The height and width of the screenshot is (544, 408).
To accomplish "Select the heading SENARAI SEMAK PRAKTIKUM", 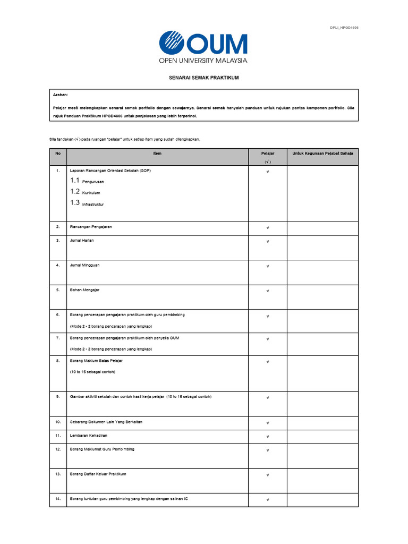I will [x=203, y=78].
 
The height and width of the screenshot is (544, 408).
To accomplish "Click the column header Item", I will [x=157, y=154].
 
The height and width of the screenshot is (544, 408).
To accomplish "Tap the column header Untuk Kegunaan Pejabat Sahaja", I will [x=322, y=154].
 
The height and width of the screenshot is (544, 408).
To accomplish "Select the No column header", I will [x=58, y=154].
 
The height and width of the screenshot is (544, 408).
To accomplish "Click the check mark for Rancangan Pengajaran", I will [x=268, y=228].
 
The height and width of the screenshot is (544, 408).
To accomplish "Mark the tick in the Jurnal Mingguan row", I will [x=268, y=266].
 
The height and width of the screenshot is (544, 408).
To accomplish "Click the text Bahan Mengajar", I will [x=84, y=290].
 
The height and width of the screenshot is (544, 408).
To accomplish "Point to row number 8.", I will [x=58, y=361].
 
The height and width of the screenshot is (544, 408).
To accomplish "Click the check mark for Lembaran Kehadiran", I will [x=268, y=437].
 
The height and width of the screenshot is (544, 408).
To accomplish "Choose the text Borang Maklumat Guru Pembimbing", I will [x=102, y=449].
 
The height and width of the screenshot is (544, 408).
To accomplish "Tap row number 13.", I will [x=58, y=474].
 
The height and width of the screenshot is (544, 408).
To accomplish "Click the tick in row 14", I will [x=268, y=500].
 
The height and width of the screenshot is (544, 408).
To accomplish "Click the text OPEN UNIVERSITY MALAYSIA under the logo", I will [x=203, y=61].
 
